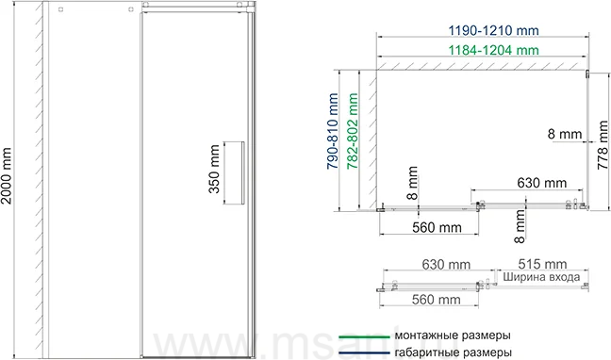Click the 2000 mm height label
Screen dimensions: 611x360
pos(7,175)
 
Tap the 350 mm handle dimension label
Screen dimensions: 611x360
pos(215,169)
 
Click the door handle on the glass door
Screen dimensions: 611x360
pos(242,172)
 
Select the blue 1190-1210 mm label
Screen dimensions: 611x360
pos(493,30)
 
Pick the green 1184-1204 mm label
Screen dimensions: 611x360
pos(493,50)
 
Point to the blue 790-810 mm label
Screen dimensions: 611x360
pos(333,131)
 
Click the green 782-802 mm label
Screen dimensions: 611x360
pos(353,131)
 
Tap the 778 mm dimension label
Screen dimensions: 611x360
pos(603,144)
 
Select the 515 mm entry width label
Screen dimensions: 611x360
pos(542,264)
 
